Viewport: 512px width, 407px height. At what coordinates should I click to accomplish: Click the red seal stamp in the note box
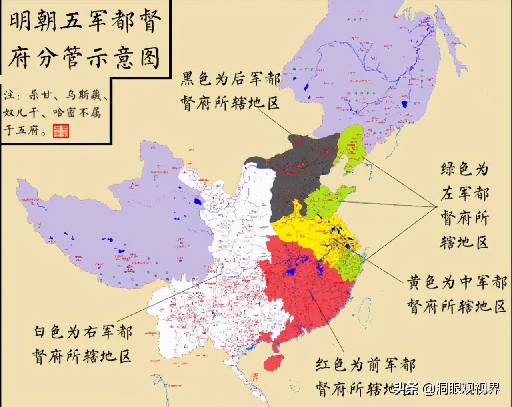61,131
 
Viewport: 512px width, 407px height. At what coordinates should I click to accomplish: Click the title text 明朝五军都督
85,23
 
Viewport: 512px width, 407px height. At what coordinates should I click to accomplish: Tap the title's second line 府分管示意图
85,57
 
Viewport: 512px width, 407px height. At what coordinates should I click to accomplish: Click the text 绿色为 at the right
464,169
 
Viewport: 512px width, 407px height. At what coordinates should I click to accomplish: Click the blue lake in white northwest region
197,201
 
